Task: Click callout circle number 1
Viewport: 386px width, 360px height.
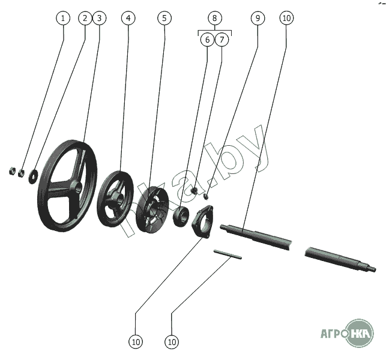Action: (x=63, y=18)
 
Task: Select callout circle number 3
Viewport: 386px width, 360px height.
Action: (x=99, y=18)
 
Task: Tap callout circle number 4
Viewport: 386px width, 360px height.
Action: (x=128, y=18)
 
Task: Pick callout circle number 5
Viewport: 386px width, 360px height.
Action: (x=164, y=18)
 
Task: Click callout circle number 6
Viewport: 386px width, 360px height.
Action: (x=207, y=40)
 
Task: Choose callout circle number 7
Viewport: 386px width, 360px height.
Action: (x=222, y=40)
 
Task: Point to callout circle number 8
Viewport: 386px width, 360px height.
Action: (x=215, y=18)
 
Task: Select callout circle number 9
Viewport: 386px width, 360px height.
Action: (x=258, y=18)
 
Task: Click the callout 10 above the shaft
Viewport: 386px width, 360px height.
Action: (x=286, y=18)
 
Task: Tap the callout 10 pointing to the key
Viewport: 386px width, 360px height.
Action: (x=172, y=342)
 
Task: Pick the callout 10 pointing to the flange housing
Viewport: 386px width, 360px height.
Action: (x=136, y=342)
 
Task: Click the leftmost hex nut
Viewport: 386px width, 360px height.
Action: (x=12, y=171)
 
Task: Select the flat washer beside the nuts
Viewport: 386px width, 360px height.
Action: (x=33, y=176)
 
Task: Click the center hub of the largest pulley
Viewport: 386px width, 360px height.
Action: (x=77, y=188)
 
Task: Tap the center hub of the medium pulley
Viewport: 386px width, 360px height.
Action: (x=119, y=199)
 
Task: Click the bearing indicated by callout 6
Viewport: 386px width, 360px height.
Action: (x=181, y=217)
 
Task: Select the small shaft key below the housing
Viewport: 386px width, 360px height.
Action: (x=228, y=254)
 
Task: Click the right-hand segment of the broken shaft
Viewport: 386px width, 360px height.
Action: (x=340, y=259)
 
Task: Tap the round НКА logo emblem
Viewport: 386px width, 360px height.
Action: (x=360, y=334)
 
